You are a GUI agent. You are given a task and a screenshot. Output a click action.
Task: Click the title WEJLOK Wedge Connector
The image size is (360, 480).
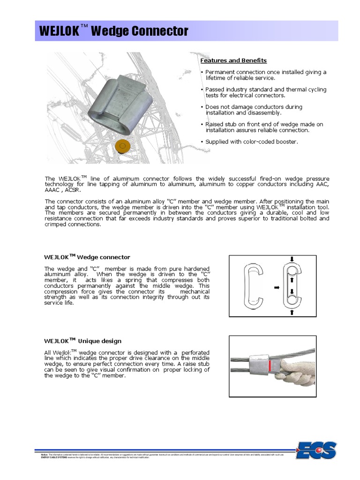tap(114, 31)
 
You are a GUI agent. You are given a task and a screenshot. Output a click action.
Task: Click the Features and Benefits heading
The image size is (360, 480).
tap(233, 60)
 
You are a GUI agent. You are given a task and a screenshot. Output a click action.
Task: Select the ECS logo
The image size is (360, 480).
tap(317, 451)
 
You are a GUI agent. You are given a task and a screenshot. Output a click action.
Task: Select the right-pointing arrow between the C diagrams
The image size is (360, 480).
tap(277, 287)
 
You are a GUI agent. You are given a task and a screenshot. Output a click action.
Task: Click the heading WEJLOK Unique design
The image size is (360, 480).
tap(83, 341)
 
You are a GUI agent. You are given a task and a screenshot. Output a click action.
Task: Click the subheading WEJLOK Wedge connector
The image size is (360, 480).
tap(87, 257)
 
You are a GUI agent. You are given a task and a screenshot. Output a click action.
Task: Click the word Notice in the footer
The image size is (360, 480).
tap(45, 454)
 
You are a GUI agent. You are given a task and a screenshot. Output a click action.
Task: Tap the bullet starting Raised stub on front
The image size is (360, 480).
tap(264, 127)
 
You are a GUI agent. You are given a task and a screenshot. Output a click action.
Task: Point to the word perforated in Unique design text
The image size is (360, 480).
tap(195, 352)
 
